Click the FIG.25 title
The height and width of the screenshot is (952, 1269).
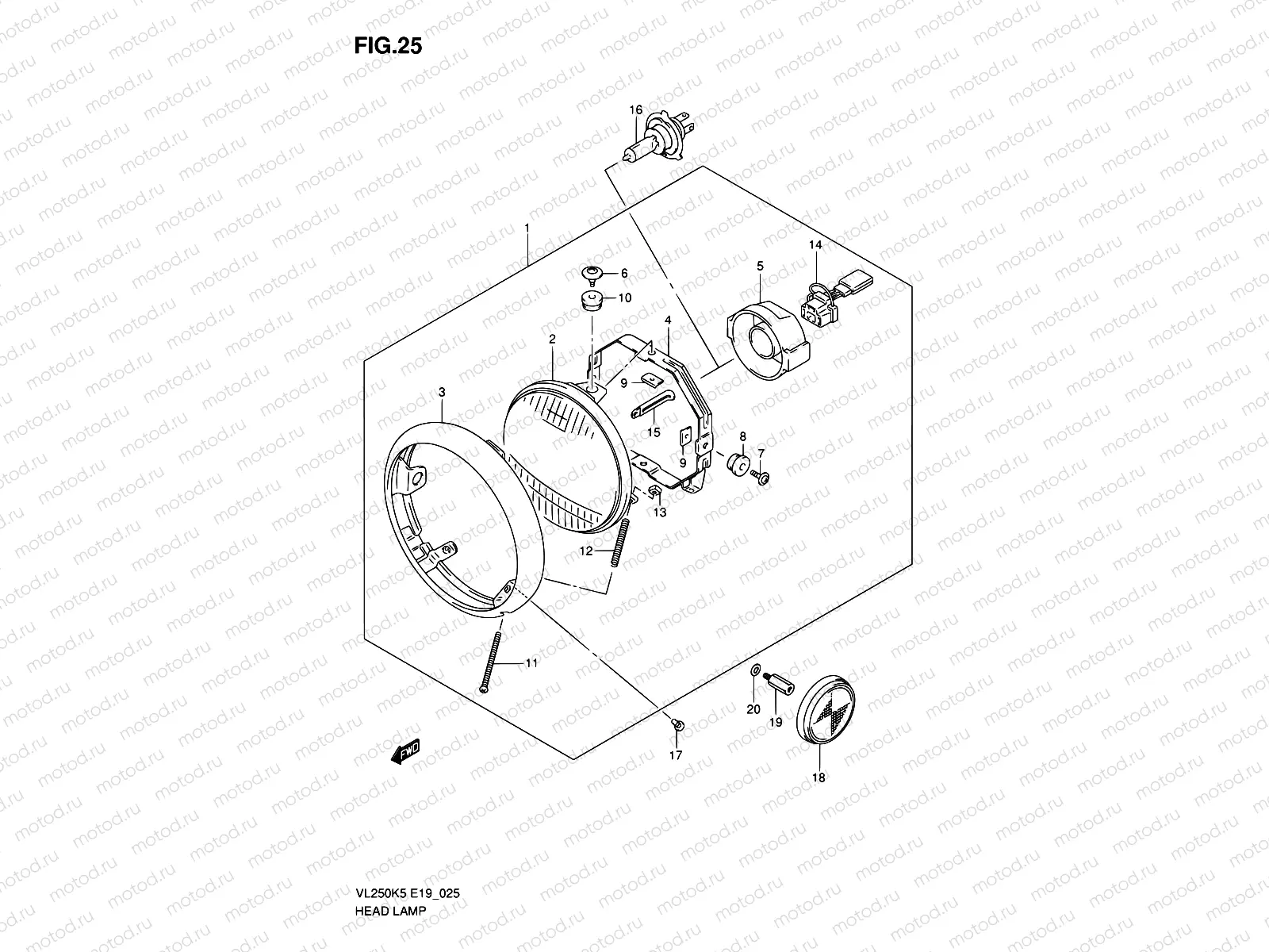pos(388,46)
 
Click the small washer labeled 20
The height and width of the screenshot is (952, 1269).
pos(754,671)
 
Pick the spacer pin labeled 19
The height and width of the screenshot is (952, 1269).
pos(774,683)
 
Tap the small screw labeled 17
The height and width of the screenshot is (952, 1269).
pos(677,724)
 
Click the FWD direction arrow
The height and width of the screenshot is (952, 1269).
pos(405,751)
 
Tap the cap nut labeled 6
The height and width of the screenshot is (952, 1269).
pos(591,274)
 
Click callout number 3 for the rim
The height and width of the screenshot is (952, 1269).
pos(442,393)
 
